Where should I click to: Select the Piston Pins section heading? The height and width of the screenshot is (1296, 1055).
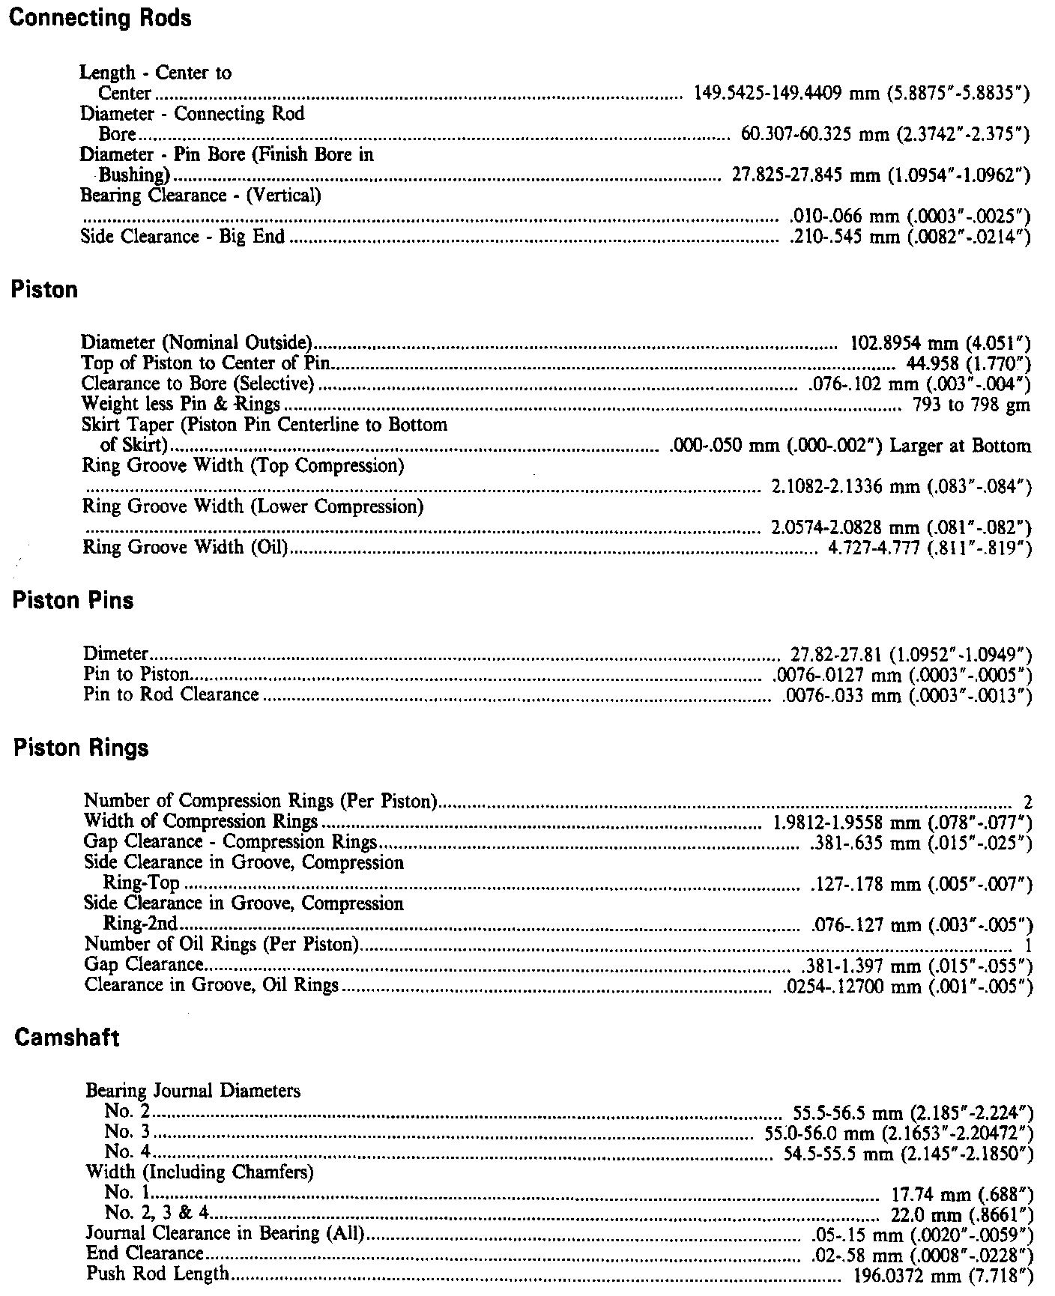click(x=73, y=601)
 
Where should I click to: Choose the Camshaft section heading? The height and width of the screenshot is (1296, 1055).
click(x=67, y=1038)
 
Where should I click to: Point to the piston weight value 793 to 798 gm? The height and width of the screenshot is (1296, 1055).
click(x=972, y=405)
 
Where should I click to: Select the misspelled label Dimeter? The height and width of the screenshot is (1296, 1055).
click(x=116, y=654)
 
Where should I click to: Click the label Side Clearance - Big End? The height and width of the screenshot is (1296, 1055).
click(x=183, y=237)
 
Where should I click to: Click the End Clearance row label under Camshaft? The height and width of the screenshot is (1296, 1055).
click(x=145, y=1253)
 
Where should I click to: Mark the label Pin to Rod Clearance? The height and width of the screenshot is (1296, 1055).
click(x=171, y=694)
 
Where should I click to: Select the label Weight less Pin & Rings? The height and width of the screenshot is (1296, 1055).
click(x=181, y=405)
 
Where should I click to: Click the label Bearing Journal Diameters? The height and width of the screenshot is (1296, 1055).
click(x=193, y=1091)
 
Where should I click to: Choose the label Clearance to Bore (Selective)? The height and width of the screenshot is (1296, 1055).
click(x=197, y=385)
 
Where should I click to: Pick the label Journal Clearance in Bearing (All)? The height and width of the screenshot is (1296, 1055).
click(x=225, y=1233)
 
